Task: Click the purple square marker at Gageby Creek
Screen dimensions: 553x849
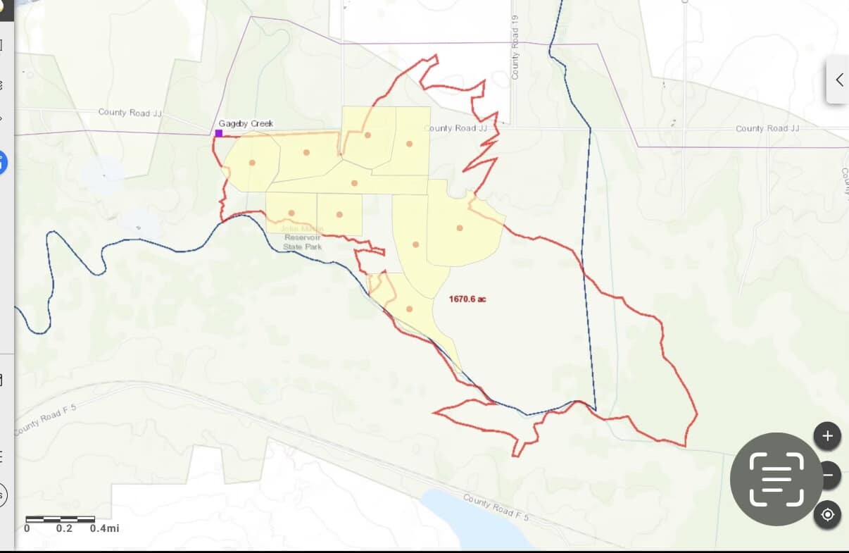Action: click(x=219, y=132)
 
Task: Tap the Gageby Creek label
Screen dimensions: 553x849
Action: click(x=246, y=123)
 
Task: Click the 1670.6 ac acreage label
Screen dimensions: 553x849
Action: click(x=467, y=299)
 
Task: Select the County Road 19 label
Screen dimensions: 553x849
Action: click(x=515, y=57)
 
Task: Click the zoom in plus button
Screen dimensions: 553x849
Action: click(x=827, y=436)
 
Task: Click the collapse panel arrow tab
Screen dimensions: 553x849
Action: click(x=838, y=80)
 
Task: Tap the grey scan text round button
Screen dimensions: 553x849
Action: click(x=776, y=480)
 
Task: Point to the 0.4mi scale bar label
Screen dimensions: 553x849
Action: click(x=104, y=528)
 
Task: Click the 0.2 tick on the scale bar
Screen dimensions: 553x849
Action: click(x=64, y=528)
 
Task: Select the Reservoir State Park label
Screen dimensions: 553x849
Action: click(x=303, y=242)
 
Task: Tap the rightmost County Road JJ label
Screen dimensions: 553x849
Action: click(x=767, y=128)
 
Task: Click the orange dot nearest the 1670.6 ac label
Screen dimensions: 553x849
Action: click(x=409, y=309)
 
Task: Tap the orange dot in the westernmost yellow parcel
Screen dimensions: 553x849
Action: click(x=251, y=163)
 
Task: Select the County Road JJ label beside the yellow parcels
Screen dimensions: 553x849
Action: click(x=455, y=128)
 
